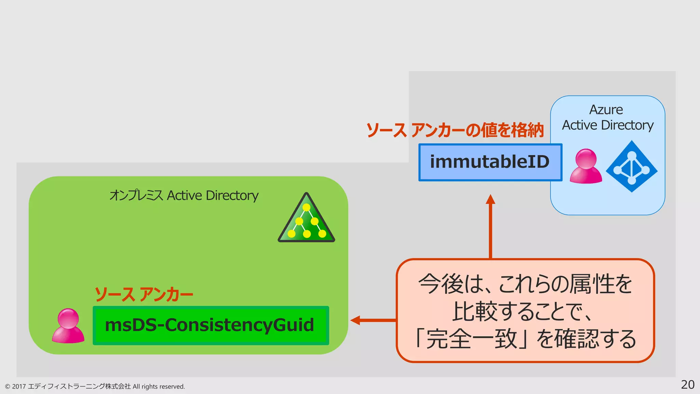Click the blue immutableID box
[x=490, y=162]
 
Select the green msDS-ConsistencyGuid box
[x=211, y=325]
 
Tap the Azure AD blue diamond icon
[x=632, y=167]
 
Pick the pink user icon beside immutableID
[x=585, y=166]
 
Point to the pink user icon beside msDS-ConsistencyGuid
[x=68, y=326]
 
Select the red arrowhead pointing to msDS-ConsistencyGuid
[x=355, y=320]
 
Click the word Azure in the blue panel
[x=606, y=110]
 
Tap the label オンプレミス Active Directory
[x=184, y=196]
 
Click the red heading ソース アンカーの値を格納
[x=455, y=130]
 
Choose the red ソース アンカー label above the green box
[x=144, y=294]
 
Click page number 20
[x=687, y=385]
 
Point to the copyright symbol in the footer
[x=8, y=387]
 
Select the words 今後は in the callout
[x=451, y=284]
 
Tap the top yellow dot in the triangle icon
[x=306, y=207]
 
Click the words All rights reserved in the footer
[x=159, y=386]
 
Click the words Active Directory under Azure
[x=608, y=125]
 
